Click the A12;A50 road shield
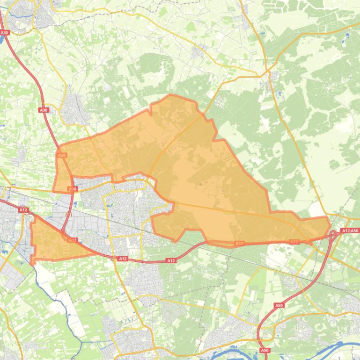350,230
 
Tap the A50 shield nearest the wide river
264,350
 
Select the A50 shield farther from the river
279,305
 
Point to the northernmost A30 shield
5,32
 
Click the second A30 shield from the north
44,110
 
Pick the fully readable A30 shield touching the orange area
62,155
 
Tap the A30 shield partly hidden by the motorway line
73,189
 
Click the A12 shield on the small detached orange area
73,240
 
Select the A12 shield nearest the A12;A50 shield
294,242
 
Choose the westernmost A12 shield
23,210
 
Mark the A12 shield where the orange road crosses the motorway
123,258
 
